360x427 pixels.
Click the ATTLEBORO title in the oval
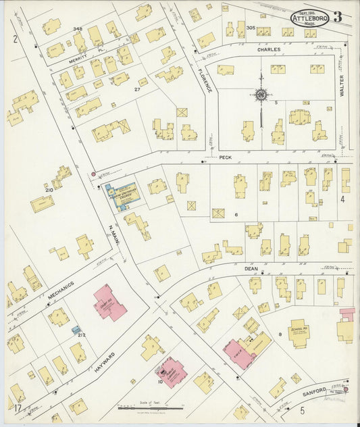[x=310, y=18]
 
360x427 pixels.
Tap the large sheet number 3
[x=337, y=17]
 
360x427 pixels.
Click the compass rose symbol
[x=260, y=95]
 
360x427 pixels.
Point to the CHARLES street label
[x=267, y=49]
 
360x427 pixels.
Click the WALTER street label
[x=342, y=86]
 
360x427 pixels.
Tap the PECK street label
[x=226, y=157]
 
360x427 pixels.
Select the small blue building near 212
[x=76, y=330]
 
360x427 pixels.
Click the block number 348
[x=78, y=28]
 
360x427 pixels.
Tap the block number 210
[x=49, y=190]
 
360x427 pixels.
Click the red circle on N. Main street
[x=93, y=174]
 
